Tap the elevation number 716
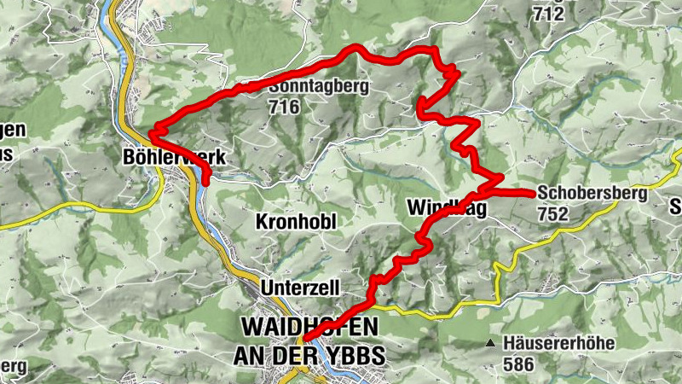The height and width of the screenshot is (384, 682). click(x=284, y=107)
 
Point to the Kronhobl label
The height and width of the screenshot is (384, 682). click(x=296, y=222)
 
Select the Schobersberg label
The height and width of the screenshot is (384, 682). click(x=592, y=194)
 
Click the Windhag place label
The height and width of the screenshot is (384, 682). click(x=446, y=207)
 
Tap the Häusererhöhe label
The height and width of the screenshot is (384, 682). click(x=558, y=343)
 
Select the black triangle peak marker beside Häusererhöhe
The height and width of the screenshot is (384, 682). click(x=490, y=344)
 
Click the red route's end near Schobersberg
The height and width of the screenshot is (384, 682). click(x=532, y=195)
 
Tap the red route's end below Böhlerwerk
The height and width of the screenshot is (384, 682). click(x=207, y=180)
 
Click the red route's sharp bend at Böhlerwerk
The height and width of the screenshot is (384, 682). click(x=153, y=133)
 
